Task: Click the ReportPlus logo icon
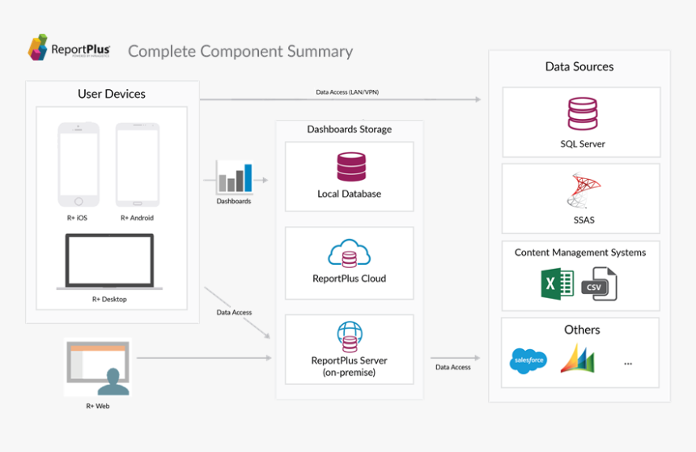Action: [37, 48]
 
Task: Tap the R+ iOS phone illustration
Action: [79, 164]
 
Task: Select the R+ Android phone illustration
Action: [136, 164]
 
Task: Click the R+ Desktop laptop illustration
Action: [109, 262]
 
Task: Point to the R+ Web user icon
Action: [98, 367]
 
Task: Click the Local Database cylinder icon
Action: [350, 167]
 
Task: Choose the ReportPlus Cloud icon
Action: [349, 255]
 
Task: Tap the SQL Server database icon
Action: [582, 114]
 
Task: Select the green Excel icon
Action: [558, 284]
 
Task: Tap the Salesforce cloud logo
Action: [528, 360]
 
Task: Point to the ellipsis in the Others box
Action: [628, 364]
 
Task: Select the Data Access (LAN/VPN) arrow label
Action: [346, 92]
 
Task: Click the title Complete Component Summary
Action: [240, 51]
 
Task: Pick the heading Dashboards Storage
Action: [349, 129]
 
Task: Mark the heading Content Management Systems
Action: [580, 253]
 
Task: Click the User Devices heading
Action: [112, 94]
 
